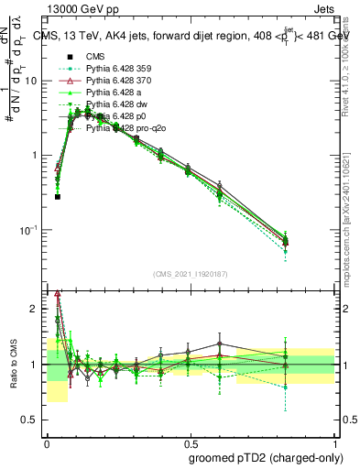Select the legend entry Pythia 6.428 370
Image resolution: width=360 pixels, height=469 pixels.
117,81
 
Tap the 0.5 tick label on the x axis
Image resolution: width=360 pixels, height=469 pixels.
190,440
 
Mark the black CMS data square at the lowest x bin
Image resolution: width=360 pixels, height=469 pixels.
57,196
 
